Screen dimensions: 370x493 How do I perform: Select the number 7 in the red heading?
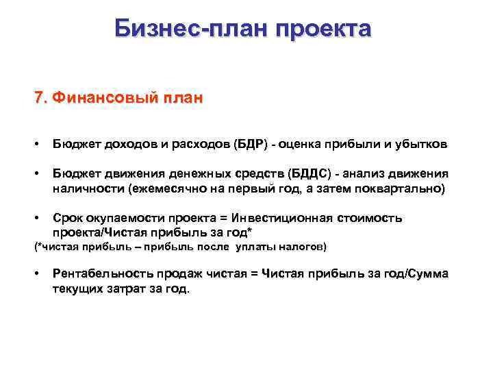38,97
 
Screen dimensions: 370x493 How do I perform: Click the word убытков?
421,145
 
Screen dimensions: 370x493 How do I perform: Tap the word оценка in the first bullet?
308,145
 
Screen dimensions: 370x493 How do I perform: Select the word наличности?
86,188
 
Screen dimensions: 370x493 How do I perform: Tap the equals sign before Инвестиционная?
223,218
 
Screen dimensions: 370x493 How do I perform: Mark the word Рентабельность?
99,274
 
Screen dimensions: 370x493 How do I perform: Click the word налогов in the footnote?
303,247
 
